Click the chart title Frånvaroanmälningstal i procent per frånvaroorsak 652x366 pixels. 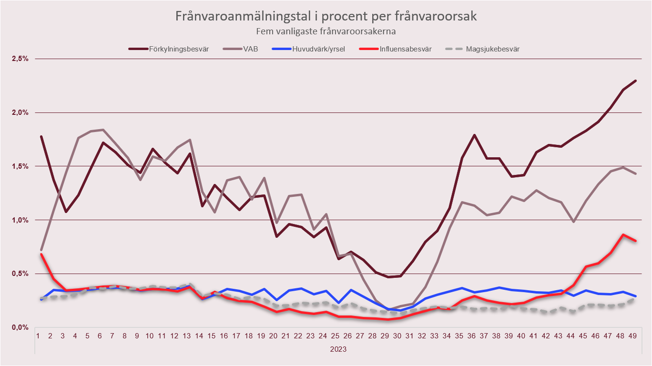tap(326, 17)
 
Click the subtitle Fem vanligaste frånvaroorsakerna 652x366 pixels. tap(326, 31)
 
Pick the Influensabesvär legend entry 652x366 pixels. tap(406, 49)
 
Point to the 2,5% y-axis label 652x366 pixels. tap(20, 59)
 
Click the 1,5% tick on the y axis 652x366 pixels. tap(20, 166)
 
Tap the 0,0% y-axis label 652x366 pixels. tap(20, 327)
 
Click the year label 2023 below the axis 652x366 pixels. tap(338, 349)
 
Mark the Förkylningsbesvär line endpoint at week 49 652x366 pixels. tap(636, 81)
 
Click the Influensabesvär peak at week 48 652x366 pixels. tap(623, 234)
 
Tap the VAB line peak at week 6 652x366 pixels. tap(103, 130)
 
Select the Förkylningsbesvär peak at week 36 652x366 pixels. tap(475, 135)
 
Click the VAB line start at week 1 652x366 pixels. tap(41, 250)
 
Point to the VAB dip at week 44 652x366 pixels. tap(574, 222)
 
